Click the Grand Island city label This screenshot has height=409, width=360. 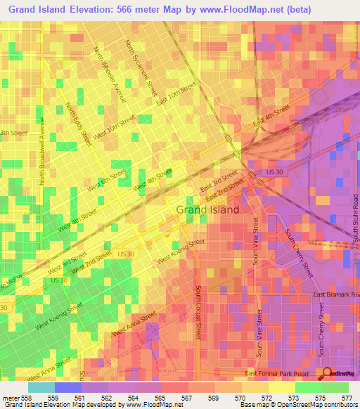pyautogui.click(x=207, y=209)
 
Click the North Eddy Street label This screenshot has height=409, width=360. pyautogui.click(x=79, y=124)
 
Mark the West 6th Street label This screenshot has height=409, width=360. pyautogui.click(x=107, y=181)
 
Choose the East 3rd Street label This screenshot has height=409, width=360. pyautogui.click(x=219, y=180)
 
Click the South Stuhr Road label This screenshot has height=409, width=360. pyautogui.click(x=356, y=240)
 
